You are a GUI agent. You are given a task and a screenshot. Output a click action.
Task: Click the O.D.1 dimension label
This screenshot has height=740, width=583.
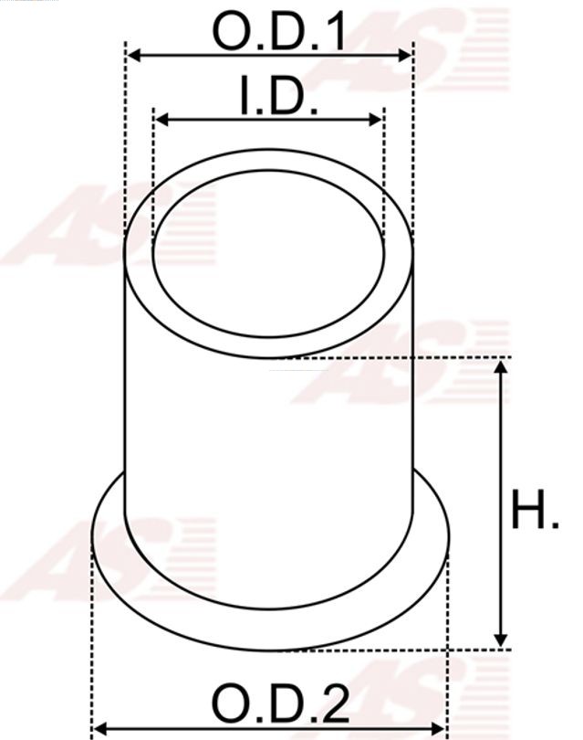point(278,32)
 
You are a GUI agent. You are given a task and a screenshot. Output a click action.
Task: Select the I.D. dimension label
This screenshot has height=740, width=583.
point(278,97)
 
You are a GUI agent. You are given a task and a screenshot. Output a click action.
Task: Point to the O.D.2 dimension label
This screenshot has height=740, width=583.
point(281,703)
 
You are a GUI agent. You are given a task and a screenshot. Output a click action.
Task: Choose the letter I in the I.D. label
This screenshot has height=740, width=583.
point(245,97)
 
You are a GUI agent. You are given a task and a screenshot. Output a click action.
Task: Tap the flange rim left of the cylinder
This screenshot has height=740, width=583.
point(108,548)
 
